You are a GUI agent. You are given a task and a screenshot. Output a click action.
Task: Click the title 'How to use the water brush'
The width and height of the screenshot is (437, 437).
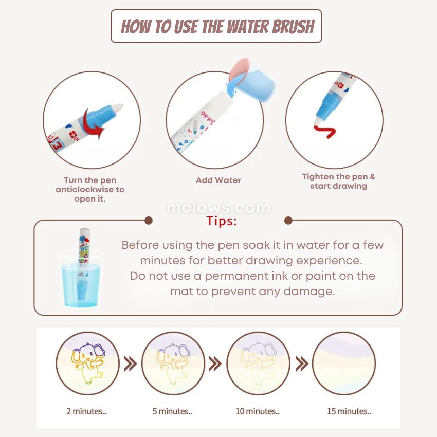(217, 26)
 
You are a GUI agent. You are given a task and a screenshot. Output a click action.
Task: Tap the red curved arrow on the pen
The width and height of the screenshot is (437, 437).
(93, 124)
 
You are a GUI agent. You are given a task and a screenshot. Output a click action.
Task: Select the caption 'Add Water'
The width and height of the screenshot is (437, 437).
(218, 180)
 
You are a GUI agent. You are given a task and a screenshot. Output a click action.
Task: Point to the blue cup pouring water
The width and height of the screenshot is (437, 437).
(251, 84)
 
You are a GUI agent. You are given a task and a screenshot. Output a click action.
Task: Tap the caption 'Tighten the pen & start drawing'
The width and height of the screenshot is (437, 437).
(339, 181)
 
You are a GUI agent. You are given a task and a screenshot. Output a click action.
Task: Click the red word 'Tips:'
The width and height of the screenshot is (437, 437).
(222, 221)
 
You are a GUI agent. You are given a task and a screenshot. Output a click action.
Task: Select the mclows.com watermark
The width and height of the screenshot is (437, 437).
(218, 208)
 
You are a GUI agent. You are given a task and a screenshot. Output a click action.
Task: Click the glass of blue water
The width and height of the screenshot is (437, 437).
(81, 279)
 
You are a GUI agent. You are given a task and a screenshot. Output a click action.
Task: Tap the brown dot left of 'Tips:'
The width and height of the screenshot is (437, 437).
(149, 221)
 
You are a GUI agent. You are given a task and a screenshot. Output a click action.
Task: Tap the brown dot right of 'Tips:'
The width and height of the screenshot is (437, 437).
(288, 221)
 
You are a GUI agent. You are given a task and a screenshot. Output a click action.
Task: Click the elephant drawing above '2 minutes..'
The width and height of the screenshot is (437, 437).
(87, 363)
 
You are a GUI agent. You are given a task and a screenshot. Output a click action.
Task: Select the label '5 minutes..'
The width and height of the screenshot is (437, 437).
(172, 411)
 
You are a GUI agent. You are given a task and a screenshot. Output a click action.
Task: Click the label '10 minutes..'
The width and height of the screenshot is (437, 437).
(258, 411)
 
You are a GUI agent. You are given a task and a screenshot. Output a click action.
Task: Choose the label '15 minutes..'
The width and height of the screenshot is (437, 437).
(349, 411)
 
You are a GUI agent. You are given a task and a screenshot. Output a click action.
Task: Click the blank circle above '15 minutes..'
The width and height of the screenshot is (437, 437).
(343, 363)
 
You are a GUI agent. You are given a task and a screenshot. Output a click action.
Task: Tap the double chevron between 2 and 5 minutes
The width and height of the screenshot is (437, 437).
(131, 363)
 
